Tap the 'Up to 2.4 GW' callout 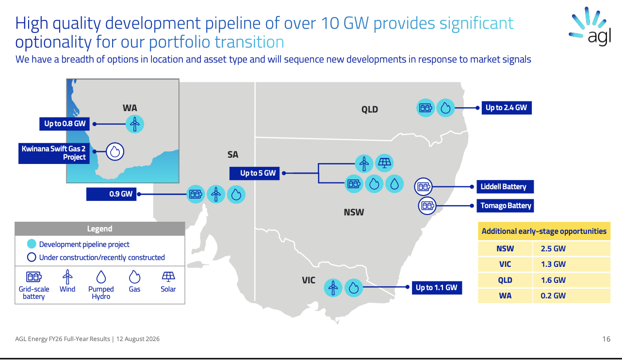click(507, 108)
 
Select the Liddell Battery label click(505, 187)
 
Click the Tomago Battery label click(505, 206)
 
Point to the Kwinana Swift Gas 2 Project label click(54, 153)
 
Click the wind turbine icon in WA click(135, 124)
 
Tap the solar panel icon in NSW click(384, 163)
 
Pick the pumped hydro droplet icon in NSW click(394, 184)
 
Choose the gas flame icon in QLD click(445, 108)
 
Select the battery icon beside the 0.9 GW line click(196, 194)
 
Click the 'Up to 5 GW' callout click(254, 173)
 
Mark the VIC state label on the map click(309, 280)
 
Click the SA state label click(233, 154)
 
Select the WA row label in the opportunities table click(505, 295)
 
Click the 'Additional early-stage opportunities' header click(544, 231)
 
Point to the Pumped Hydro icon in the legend click(101, 277)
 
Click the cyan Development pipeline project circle click(32, 244)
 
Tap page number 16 click(606, 339)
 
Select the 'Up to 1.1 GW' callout click(437, 288)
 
